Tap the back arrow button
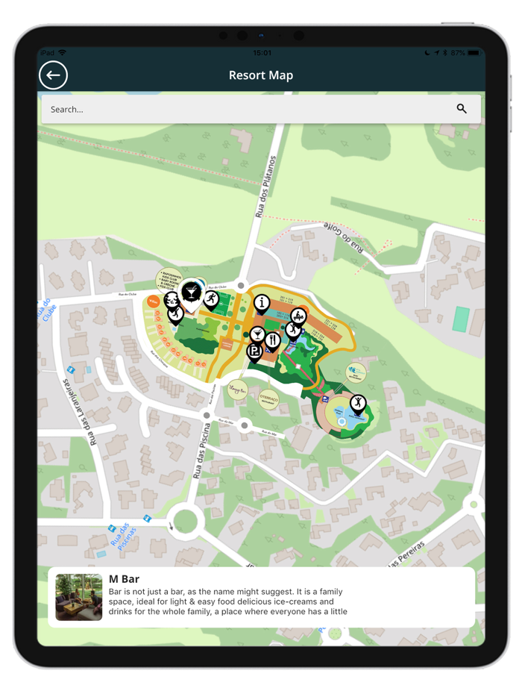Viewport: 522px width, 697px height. [53, 75]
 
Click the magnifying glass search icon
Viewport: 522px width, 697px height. [462, 109]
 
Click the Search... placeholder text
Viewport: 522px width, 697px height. [67, 110]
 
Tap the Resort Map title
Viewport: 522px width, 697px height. [261, 75]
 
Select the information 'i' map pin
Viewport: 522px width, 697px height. [261, 302]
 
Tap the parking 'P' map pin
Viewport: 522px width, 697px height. [254, 351]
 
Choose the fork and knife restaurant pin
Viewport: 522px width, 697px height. [273, 340]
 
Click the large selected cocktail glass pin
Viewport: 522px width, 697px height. [192, 292]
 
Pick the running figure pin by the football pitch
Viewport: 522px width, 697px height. [212, 299]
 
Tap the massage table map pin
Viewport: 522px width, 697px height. [298, 316]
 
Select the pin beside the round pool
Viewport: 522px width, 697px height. [358, 404]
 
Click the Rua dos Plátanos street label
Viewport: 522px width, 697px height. [265, 187]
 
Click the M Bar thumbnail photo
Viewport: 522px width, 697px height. [79, 597]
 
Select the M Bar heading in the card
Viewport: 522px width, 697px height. [124, 579]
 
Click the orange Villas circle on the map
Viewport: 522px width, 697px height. [153, 301]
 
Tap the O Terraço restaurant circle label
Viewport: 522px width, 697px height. [268, 399]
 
